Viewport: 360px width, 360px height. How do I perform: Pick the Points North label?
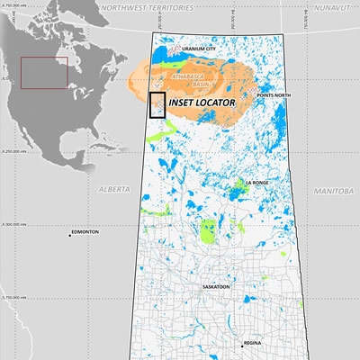[x=274, y=94]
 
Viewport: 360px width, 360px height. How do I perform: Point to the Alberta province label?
[x=112, y=191]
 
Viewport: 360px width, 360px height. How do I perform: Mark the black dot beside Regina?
[x=241, y=344]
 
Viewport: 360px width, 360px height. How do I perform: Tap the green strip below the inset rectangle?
[x=161, y=137]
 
